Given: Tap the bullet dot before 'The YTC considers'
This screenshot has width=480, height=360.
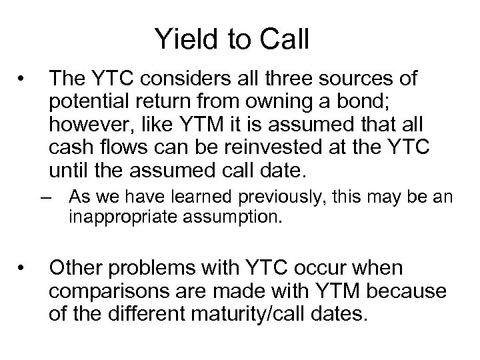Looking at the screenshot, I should click(23, 79).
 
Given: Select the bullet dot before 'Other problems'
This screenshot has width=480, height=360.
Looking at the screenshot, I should click(23, 268).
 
